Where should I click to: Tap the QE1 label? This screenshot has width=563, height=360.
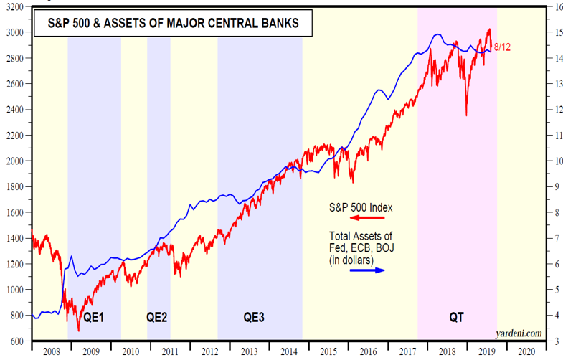pos(93,316)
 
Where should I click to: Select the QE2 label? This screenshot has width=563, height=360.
pos(157,316)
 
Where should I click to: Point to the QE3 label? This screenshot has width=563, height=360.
pos(254,316)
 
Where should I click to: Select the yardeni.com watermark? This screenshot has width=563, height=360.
pos(521,333)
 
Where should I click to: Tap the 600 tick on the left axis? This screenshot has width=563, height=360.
pos(17,341)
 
